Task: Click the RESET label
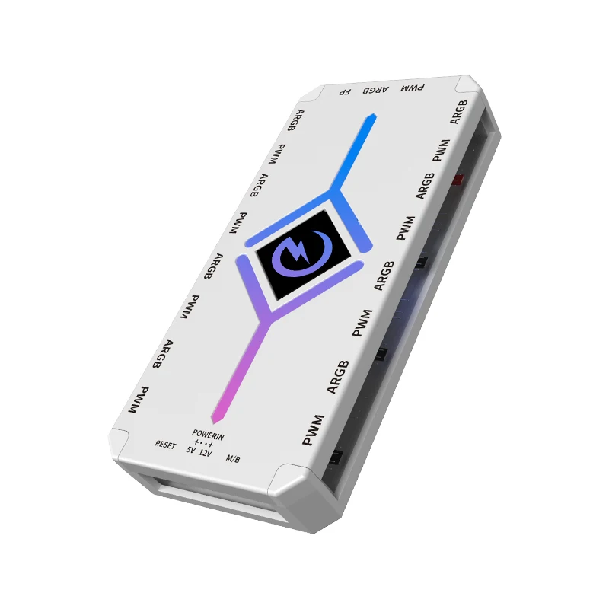(165, 445)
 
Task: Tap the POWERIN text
(209, 433)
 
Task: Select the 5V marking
(190, 451)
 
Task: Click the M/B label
(234, 459)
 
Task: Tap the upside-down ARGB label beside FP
(375, 91)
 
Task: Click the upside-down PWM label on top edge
(412, 89)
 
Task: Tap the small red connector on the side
(459, 180)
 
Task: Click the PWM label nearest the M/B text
(313, 430)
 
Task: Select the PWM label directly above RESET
(139, 400)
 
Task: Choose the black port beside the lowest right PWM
(335, 458)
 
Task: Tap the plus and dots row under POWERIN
(203, 442)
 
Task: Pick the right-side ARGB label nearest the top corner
(458, 111)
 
